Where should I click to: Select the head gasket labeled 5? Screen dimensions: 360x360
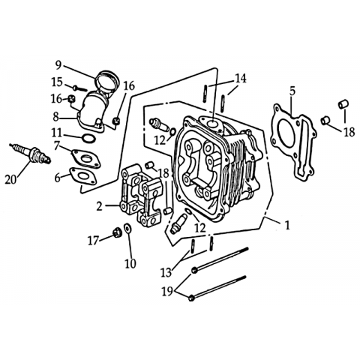pos(294,141)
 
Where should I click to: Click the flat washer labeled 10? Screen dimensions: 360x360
pos(128,228)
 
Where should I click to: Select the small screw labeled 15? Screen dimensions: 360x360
pos(80,88)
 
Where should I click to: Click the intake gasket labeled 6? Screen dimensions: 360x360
pos(82,176)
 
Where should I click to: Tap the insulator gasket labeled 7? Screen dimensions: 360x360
pos(85,158)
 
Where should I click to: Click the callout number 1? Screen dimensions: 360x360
pos(288,225)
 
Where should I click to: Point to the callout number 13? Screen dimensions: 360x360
pos(166,272)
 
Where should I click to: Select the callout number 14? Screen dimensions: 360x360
pos(240,78)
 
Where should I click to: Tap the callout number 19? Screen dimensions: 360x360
pos(167,291)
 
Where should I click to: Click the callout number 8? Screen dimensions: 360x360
pos(55,117)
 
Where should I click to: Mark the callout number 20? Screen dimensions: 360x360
pos(10,179)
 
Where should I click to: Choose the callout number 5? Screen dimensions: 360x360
pos(292,91)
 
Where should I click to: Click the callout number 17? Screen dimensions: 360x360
pos(93,241)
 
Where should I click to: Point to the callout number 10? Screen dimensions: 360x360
pos(130,263)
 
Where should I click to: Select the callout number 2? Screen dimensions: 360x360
pos(99,206)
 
